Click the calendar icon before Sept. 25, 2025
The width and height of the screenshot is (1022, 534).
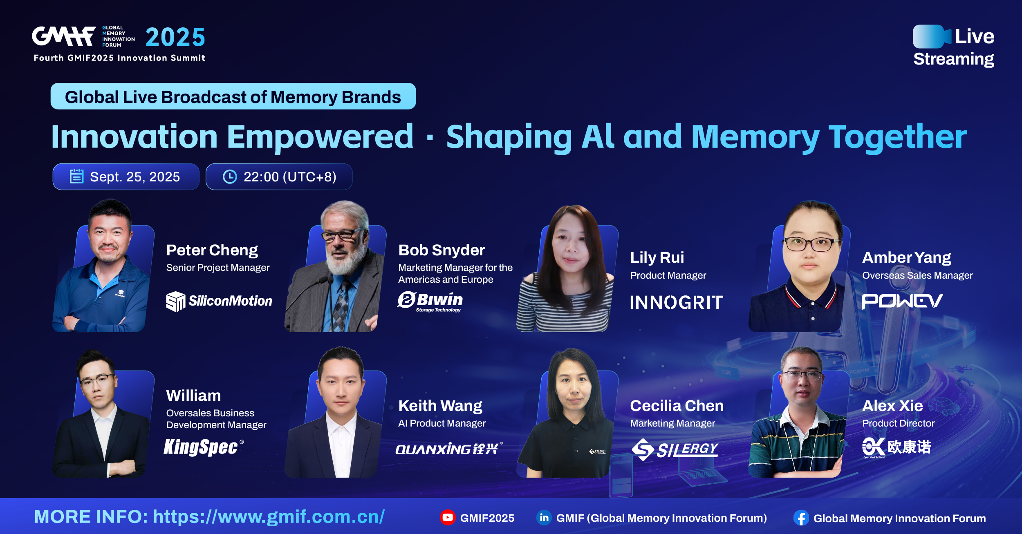tap(76, 177)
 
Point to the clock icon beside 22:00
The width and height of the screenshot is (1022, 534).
tap(230, 177)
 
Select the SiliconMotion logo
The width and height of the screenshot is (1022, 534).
tap(219, 302)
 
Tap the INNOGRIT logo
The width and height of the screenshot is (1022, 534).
tap(677, 302)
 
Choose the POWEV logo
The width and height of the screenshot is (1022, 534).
tap(902, 302)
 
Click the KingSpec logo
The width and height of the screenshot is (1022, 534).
tap(204, 447)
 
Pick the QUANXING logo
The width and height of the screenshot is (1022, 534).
tap(449, 449)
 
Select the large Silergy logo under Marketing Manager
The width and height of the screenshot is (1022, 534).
tap(675, 449)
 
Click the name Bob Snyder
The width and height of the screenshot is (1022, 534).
tap(442, 250)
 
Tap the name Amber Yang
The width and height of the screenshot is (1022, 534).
tap(907, 258)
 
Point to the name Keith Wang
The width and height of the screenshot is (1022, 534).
tap(440, 406)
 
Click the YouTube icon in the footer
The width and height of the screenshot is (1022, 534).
tap(448, 518)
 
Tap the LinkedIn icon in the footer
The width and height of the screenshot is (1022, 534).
tap(544, 518)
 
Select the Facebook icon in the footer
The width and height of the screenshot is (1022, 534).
tap(801, 518)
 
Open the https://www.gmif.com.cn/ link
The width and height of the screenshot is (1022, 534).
tap(269, 517)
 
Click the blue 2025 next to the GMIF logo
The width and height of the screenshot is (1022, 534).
tap(175, 37)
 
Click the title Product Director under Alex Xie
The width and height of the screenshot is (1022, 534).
tap(899, 423)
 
